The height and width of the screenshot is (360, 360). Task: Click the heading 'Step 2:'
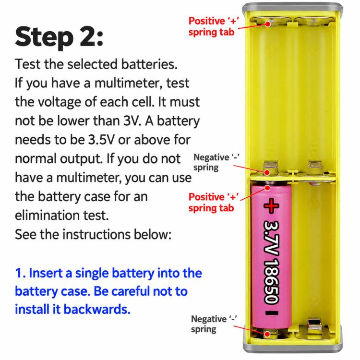[x=59, y=37]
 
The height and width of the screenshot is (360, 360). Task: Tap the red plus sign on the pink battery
[x=271, y=205]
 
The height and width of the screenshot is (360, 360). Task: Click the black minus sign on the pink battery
[x=272, y=312]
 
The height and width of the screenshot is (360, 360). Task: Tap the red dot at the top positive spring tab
[x=268, y=24]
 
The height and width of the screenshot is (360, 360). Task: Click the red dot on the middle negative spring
[x=267, y=172]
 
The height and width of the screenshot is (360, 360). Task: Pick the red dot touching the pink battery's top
[x=267, y=188]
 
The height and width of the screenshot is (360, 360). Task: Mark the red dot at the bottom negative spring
[x=267, y=334]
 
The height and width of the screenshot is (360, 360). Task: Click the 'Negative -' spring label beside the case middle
[x=216, y=162]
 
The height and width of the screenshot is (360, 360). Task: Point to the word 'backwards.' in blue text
[x=97, y=309]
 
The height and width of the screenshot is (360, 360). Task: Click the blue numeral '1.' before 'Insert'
[x=20, y=273]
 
